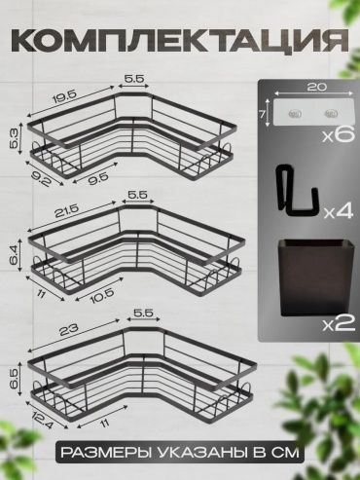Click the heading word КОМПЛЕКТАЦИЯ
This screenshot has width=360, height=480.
pos(180,42)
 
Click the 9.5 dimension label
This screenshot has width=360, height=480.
pos(97,176)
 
